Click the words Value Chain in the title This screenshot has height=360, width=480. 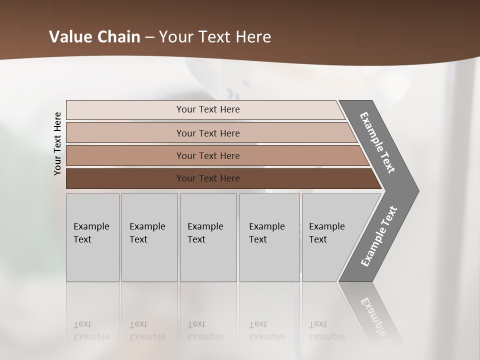pyautogui.click(x=94, y=37)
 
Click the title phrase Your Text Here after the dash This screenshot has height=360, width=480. pyautogui.click(x=215, y=37)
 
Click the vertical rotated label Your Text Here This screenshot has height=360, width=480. pyautogui.click(x=57, y=143)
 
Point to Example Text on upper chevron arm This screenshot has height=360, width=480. pyautogui.click(x=377, y=142)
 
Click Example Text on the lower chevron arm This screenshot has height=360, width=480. pyautogui.click(x=379, y=236)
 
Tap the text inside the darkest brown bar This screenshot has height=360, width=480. pyautogui.click(x=208, y=178)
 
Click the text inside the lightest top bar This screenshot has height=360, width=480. pyautogui.click(x=208, y=109)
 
